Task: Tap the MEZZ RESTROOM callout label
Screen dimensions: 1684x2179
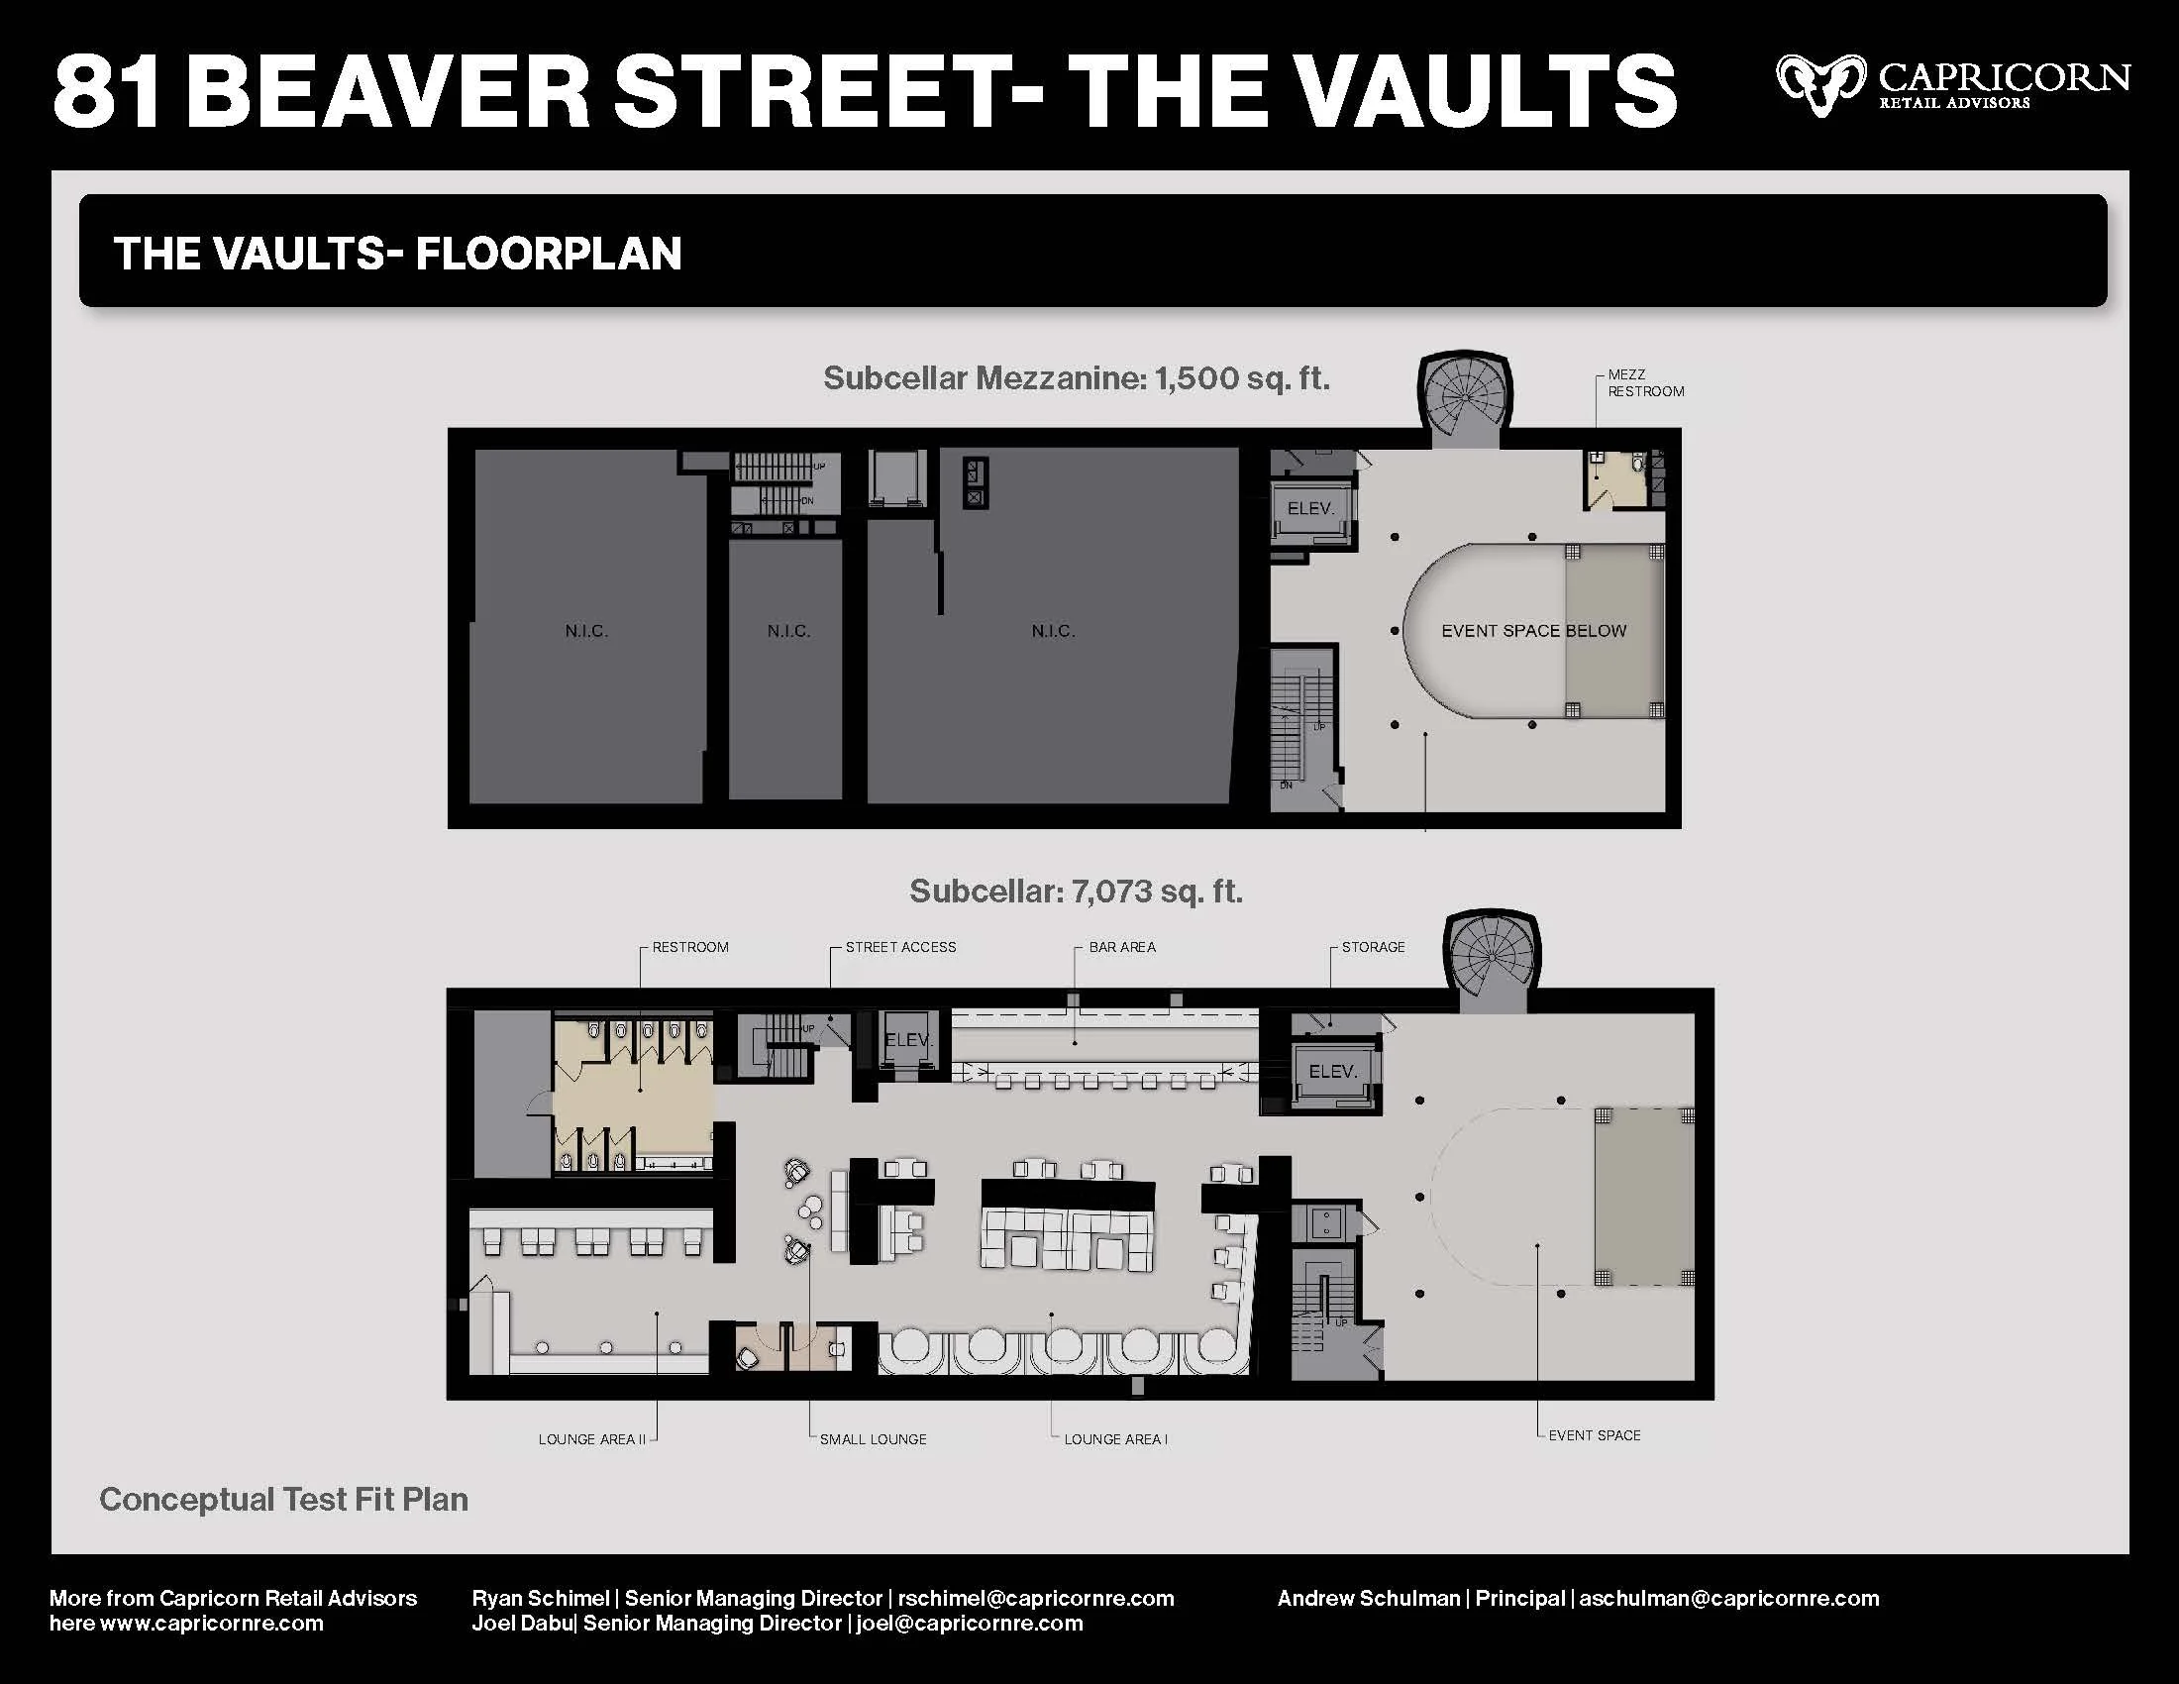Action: (x=1645, y=383)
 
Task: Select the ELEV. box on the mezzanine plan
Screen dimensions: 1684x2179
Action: (x=1310, y=509)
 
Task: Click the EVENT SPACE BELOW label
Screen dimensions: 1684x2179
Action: (x=1532, y=630)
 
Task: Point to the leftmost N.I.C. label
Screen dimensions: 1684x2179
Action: (x=585, y=630)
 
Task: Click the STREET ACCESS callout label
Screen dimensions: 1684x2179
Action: (x=900, y=947)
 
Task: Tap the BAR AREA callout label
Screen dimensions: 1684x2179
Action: (x=1121, y=947)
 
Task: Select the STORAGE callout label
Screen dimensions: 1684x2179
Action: (x=1372, y=947)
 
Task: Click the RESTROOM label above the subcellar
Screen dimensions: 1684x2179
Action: (x=689, y=947)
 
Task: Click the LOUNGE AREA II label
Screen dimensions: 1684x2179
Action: (x=591, y=1438)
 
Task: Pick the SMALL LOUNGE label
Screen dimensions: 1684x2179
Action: (x=872, y=1438)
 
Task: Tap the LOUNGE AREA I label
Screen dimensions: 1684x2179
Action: (x=1114, y=1438)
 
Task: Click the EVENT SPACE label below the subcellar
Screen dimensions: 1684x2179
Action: (x=1594, y=1434)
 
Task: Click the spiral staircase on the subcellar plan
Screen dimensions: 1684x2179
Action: (x=1492, y=958)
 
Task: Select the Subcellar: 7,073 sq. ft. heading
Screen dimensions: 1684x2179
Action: (x=1076, y=891)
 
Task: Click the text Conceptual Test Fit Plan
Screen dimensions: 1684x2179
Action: (x=283, y=1499)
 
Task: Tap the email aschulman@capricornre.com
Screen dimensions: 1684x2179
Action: (x=1728, y=1598)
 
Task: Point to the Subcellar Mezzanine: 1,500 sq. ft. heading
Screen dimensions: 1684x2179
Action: (x=1076, y=378)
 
